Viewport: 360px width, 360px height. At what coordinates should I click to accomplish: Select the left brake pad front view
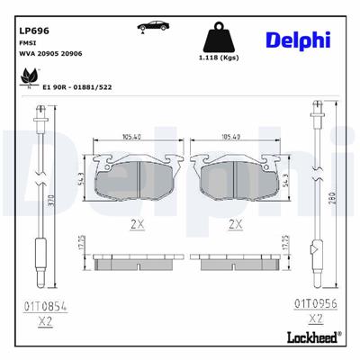coord(133,177)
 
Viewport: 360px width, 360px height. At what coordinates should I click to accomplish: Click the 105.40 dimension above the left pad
coord(132,138)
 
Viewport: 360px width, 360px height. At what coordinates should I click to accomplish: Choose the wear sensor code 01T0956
coord(316,305)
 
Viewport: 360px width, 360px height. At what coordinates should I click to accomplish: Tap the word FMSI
coord(29,42)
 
